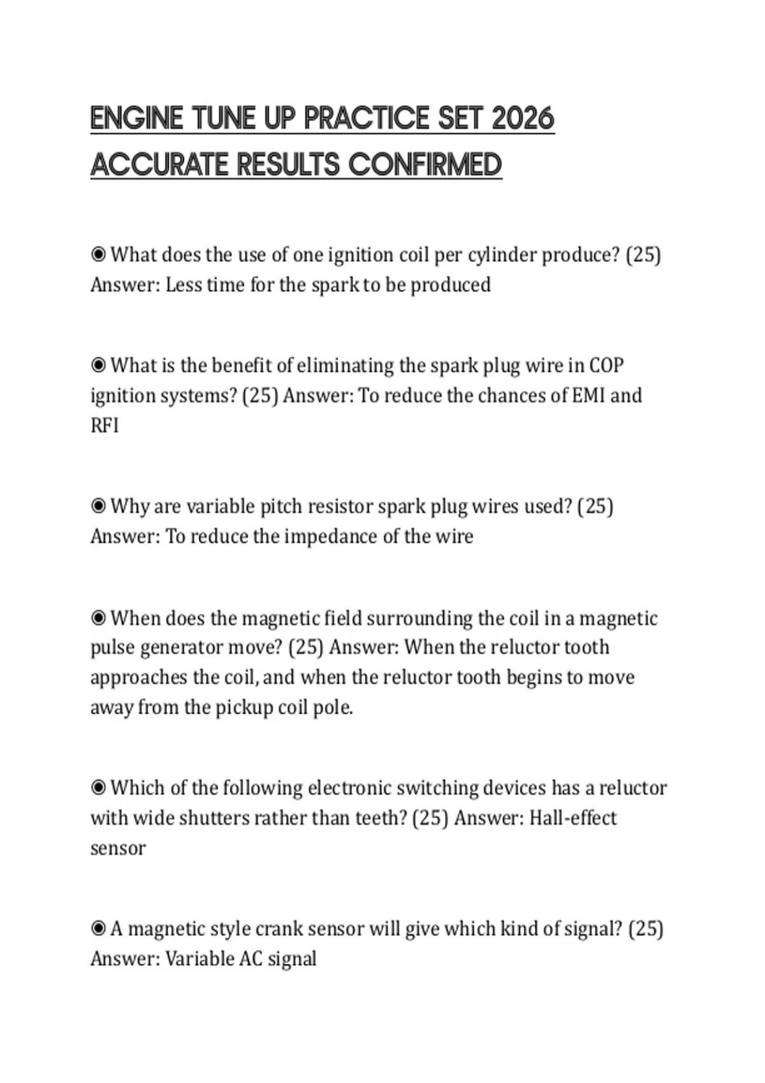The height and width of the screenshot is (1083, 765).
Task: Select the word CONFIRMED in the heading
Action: pos(425,165)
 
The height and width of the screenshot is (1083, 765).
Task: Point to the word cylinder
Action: pos(502,255)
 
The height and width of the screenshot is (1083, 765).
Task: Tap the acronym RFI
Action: pos(105,426)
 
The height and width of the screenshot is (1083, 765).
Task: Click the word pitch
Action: pos(280,506)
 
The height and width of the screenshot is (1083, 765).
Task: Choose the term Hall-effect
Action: pos(572,818)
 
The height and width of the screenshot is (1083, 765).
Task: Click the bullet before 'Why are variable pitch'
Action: pos(98,506)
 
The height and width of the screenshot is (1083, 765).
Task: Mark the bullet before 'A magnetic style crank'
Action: pos(98,929)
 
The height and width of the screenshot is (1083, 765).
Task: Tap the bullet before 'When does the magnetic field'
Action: pos(98,618)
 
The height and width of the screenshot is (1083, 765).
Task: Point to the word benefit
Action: pos(243,366)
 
